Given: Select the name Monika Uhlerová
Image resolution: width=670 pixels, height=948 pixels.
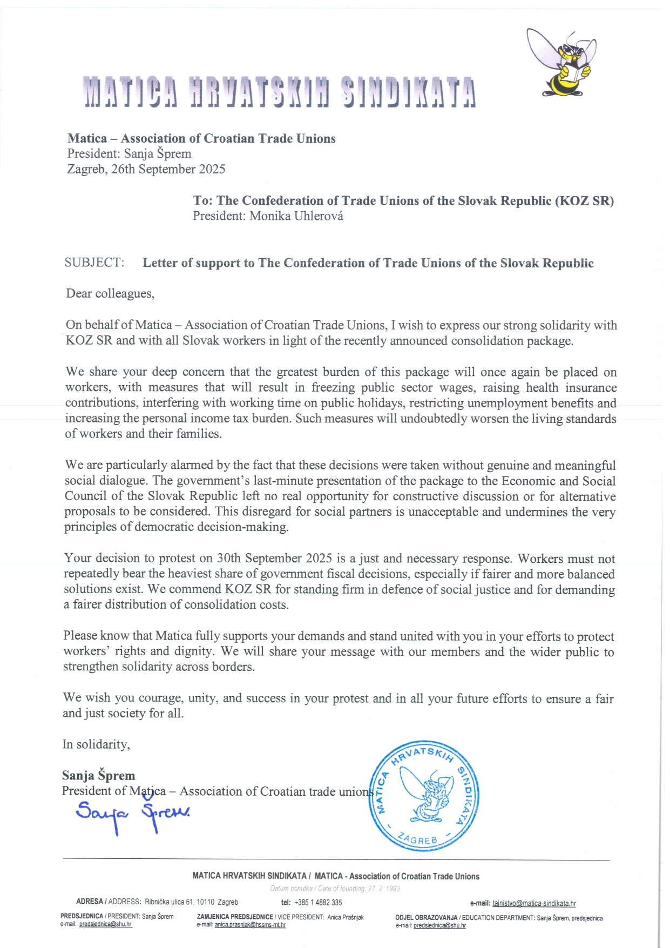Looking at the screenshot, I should point(296,216).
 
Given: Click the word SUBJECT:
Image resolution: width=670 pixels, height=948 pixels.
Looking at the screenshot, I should point(94,263).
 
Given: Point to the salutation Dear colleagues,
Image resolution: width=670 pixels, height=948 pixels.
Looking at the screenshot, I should point(110,293).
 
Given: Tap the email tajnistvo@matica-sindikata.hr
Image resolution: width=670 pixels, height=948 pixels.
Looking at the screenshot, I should point(534,903).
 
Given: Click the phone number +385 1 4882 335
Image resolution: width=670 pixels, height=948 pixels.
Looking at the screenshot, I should point(318,903).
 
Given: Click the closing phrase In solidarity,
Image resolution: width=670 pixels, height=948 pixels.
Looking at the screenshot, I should point(96,744).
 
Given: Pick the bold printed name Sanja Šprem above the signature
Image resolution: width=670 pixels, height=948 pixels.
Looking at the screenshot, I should point(98,776).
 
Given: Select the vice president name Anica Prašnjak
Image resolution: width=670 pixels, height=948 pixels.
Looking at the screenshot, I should point(345,917).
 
